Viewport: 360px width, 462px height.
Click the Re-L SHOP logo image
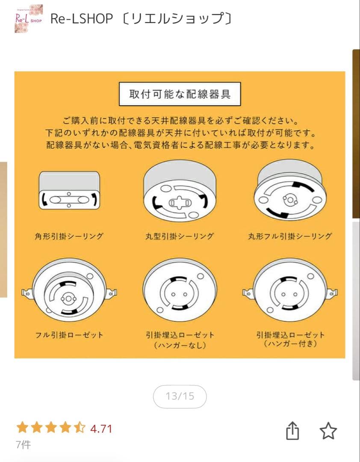click(x=29, y=18)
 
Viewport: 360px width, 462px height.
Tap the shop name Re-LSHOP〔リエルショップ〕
click(x=142, y=18)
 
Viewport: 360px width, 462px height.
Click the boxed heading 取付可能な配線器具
click(x=180, y=94)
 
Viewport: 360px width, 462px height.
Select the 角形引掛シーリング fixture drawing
click(x=69, y=191)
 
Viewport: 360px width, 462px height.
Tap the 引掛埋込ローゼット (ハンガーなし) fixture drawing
click(x=180, y=293)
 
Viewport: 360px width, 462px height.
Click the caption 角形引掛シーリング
click(x=69, y=236)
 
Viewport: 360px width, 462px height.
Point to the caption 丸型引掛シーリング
click(x=180, y=236)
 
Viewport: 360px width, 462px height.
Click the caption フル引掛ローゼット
click(x=69, y=335)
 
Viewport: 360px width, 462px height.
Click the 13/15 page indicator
click(x=180, y=396)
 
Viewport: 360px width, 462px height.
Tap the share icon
click(x=292, y=431)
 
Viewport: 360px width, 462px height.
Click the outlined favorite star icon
click(x=328, y=431)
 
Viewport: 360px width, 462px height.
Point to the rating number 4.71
click(x=101, y=429)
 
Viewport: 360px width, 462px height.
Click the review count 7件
click(x=23, y=445)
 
